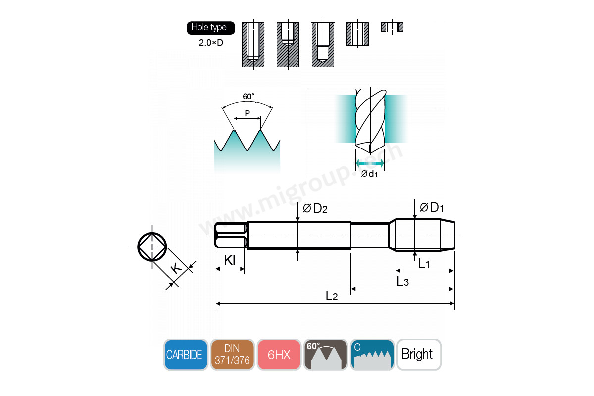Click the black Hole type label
point(211,28)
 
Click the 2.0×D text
point(211,43)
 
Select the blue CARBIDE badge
point(186,354)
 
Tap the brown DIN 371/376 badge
point(232,354)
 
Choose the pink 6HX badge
point(279,354)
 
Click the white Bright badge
point(419,354)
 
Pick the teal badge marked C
point(372,354)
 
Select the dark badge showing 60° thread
point(326,354)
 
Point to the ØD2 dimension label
point(315,209)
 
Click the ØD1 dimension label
point(432,207)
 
